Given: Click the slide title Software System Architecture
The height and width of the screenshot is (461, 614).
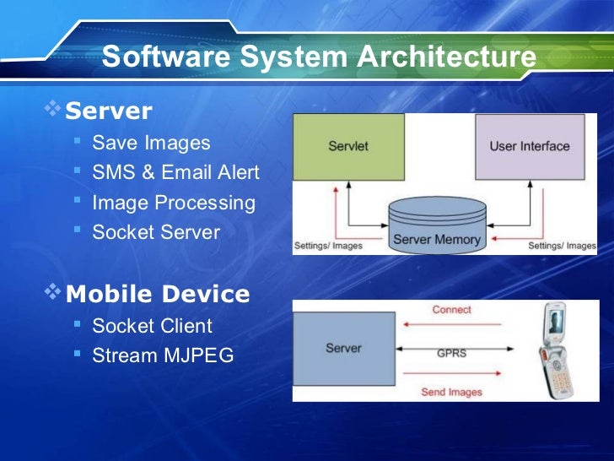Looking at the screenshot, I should pyautogui.click(x=318, y=57).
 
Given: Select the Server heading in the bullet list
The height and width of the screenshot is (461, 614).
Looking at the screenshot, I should pyautogui.click(x=109, y=111).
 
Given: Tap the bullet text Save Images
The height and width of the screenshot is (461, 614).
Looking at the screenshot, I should pyautogui.click(x=151, y=143).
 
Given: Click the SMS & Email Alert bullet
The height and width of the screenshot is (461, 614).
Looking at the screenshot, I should pyautogui.click(x=175, y=173).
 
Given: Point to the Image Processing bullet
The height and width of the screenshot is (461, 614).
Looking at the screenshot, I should pyautogui.click(x=173, y=203).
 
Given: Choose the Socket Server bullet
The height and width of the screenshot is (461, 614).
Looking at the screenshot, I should pyautogui.click(x=156, y=232).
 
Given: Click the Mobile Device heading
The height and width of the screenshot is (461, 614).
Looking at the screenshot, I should pyautogui.click(x=158, y=294).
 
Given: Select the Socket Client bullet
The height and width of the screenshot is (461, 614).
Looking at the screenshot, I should pyautogui.click(x=152, y=326).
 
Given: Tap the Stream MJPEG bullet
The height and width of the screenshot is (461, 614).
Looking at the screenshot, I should pyautogui.click(x=163, y=355).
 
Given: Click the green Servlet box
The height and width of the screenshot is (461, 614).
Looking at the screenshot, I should pyautogui.click(x=348, y=146).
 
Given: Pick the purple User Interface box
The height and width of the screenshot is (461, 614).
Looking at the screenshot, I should pyautogui.click(x=529, y=146).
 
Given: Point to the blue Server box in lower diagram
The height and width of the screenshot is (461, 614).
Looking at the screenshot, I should pyautogui.click(x=343, y=348).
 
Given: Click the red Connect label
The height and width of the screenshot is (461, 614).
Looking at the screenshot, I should pyautogui.click(x=451, y=310).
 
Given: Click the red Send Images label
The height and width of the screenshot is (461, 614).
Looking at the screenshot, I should pyautogui.click(x=451, y=392).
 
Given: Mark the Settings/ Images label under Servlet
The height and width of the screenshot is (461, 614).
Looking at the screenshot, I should pyautogui.click(x=327, y=246).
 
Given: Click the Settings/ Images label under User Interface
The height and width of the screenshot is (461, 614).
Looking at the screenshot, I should pyautogui.click(x=562, y=246).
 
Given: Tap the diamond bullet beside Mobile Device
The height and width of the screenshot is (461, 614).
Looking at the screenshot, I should pyautogui.click(x=53, y=292).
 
